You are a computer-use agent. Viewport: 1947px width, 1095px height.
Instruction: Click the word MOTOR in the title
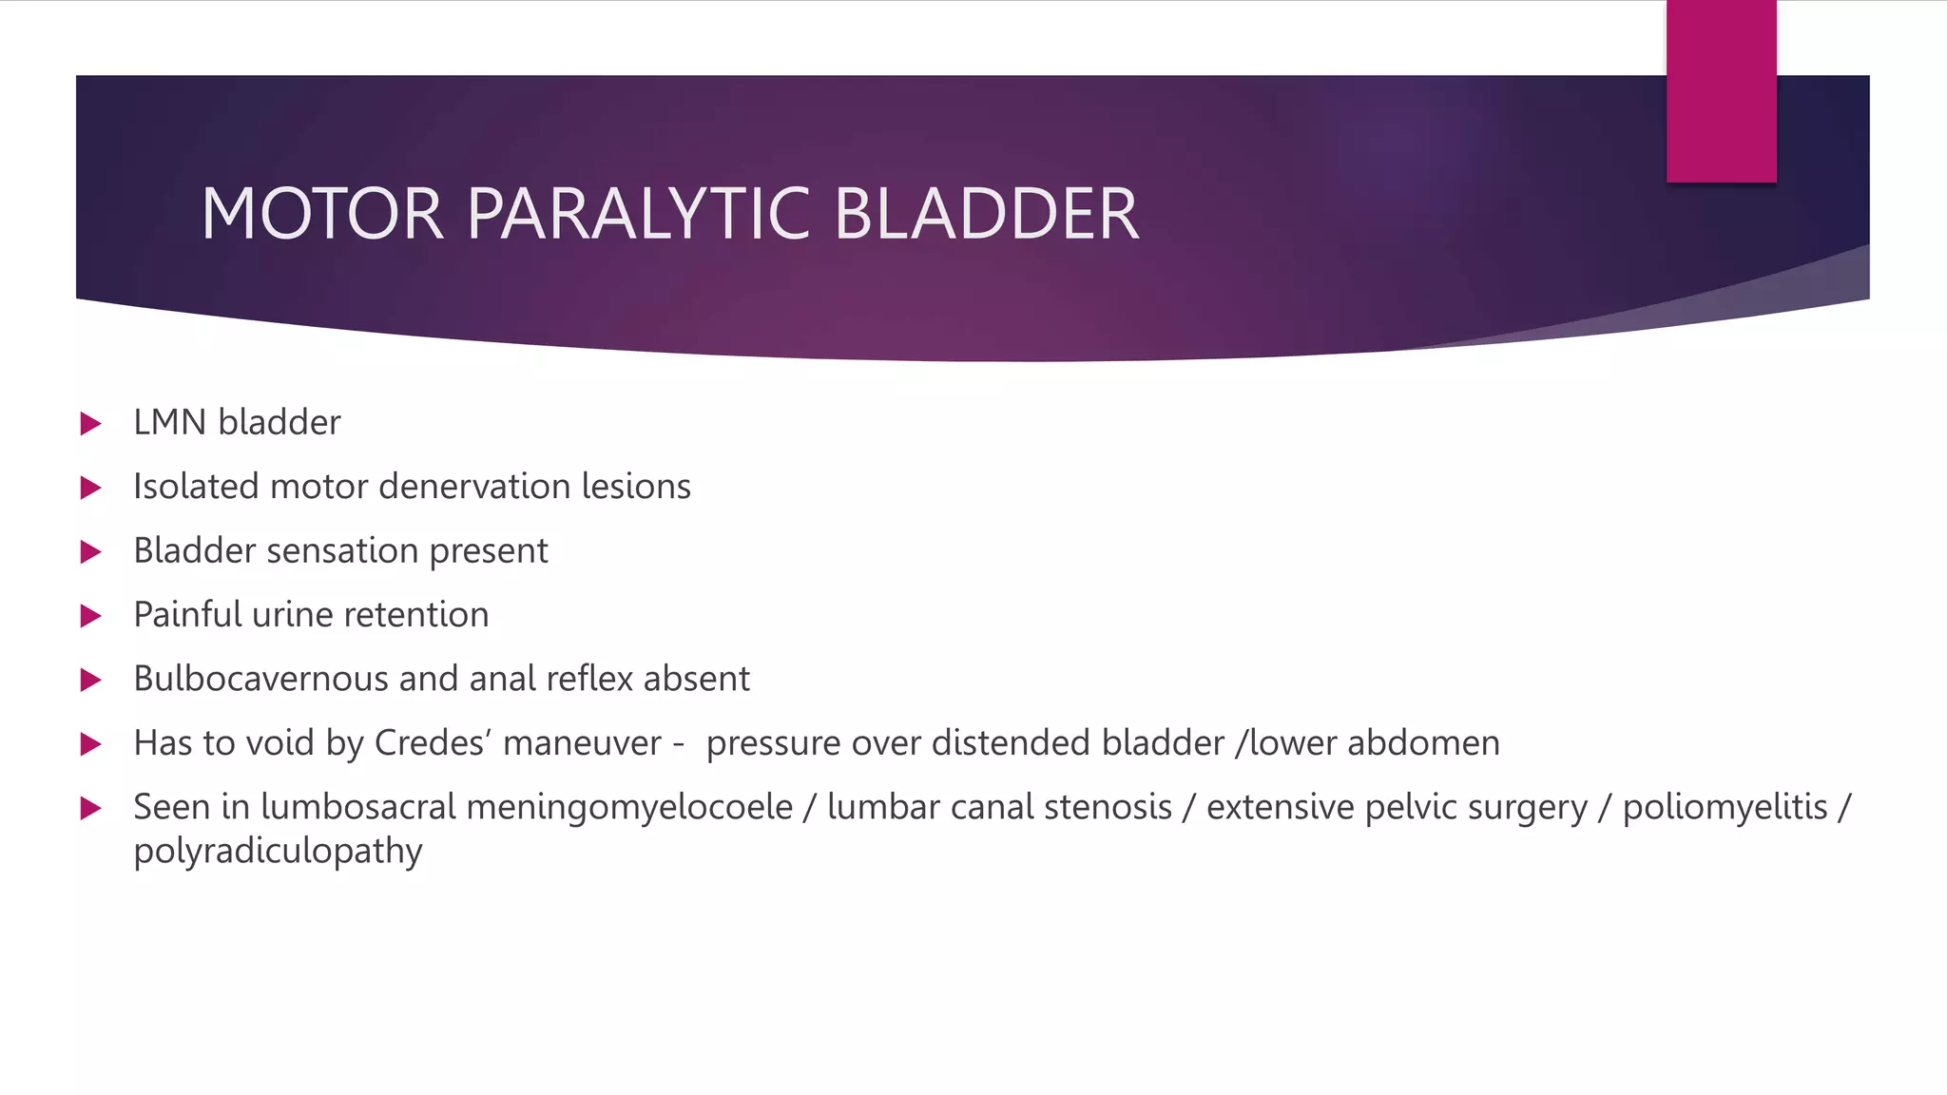[x=322, y=214]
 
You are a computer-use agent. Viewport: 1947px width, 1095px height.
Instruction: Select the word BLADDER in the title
[x=986, y=214]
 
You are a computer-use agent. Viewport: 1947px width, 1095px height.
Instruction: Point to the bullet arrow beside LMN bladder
[x=91, y=423]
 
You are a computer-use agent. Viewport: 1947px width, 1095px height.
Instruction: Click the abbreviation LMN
[x=170, y=423]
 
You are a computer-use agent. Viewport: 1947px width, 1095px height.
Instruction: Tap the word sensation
[x=342, y=551]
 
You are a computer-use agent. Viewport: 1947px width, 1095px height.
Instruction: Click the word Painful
[x=187, y=615]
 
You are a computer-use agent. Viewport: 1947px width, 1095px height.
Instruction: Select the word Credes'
[x=433, y=743]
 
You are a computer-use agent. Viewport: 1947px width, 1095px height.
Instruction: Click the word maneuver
[x=582, y=743]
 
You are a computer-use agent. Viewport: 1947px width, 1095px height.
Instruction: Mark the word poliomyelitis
[x=1725, y=807]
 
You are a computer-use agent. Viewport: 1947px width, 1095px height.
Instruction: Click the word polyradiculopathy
[x=278, y=851]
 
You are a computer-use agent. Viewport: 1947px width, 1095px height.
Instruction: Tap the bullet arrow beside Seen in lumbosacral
[x=91, y=809]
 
